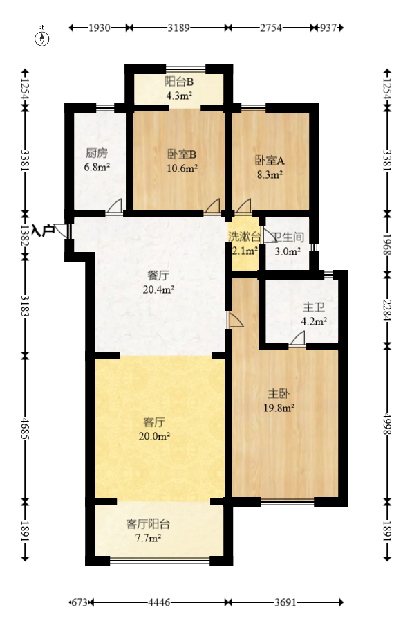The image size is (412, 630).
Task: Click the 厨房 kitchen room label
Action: [97, 154]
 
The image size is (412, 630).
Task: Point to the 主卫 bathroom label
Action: [313, 307]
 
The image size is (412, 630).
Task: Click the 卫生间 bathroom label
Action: [289, 237]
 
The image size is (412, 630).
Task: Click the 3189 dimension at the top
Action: [179, 28]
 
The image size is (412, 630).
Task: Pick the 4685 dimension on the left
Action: [26, 425]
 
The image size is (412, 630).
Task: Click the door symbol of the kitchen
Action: [115, 206]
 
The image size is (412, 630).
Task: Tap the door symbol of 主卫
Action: [297, 338]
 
